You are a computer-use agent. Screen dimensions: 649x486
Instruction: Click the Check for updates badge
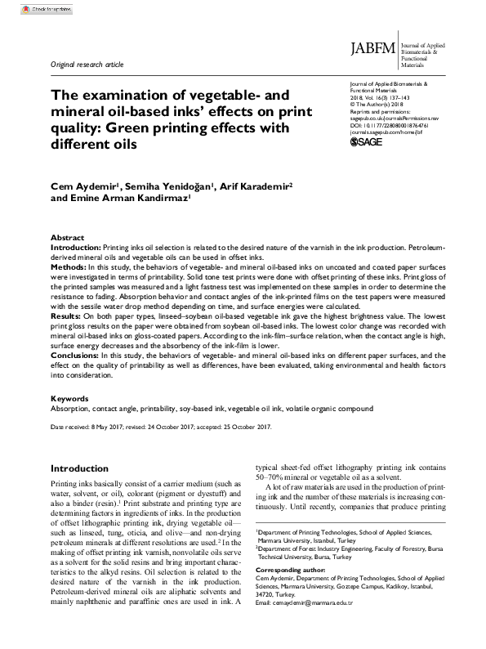click(26, 9)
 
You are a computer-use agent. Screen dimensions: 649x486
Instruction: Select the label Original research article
click(87, 64)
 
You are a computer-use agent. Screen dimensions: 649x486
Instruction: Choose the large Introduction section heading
click(85, 468)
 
